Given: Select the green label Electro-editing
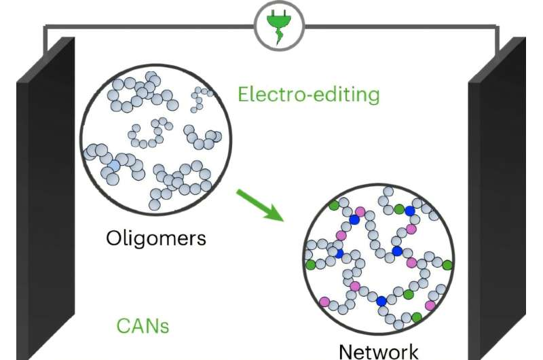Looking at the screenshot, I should (309, 94).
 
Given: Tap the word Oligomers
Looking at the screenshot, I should (155, 238).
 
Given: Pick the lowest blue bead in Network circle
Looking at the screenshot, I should (381, 300).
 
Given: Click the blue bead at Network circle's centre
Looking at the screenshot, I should (397, 251).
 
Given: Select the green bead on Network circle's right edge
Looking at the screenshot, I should (447, 265).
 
